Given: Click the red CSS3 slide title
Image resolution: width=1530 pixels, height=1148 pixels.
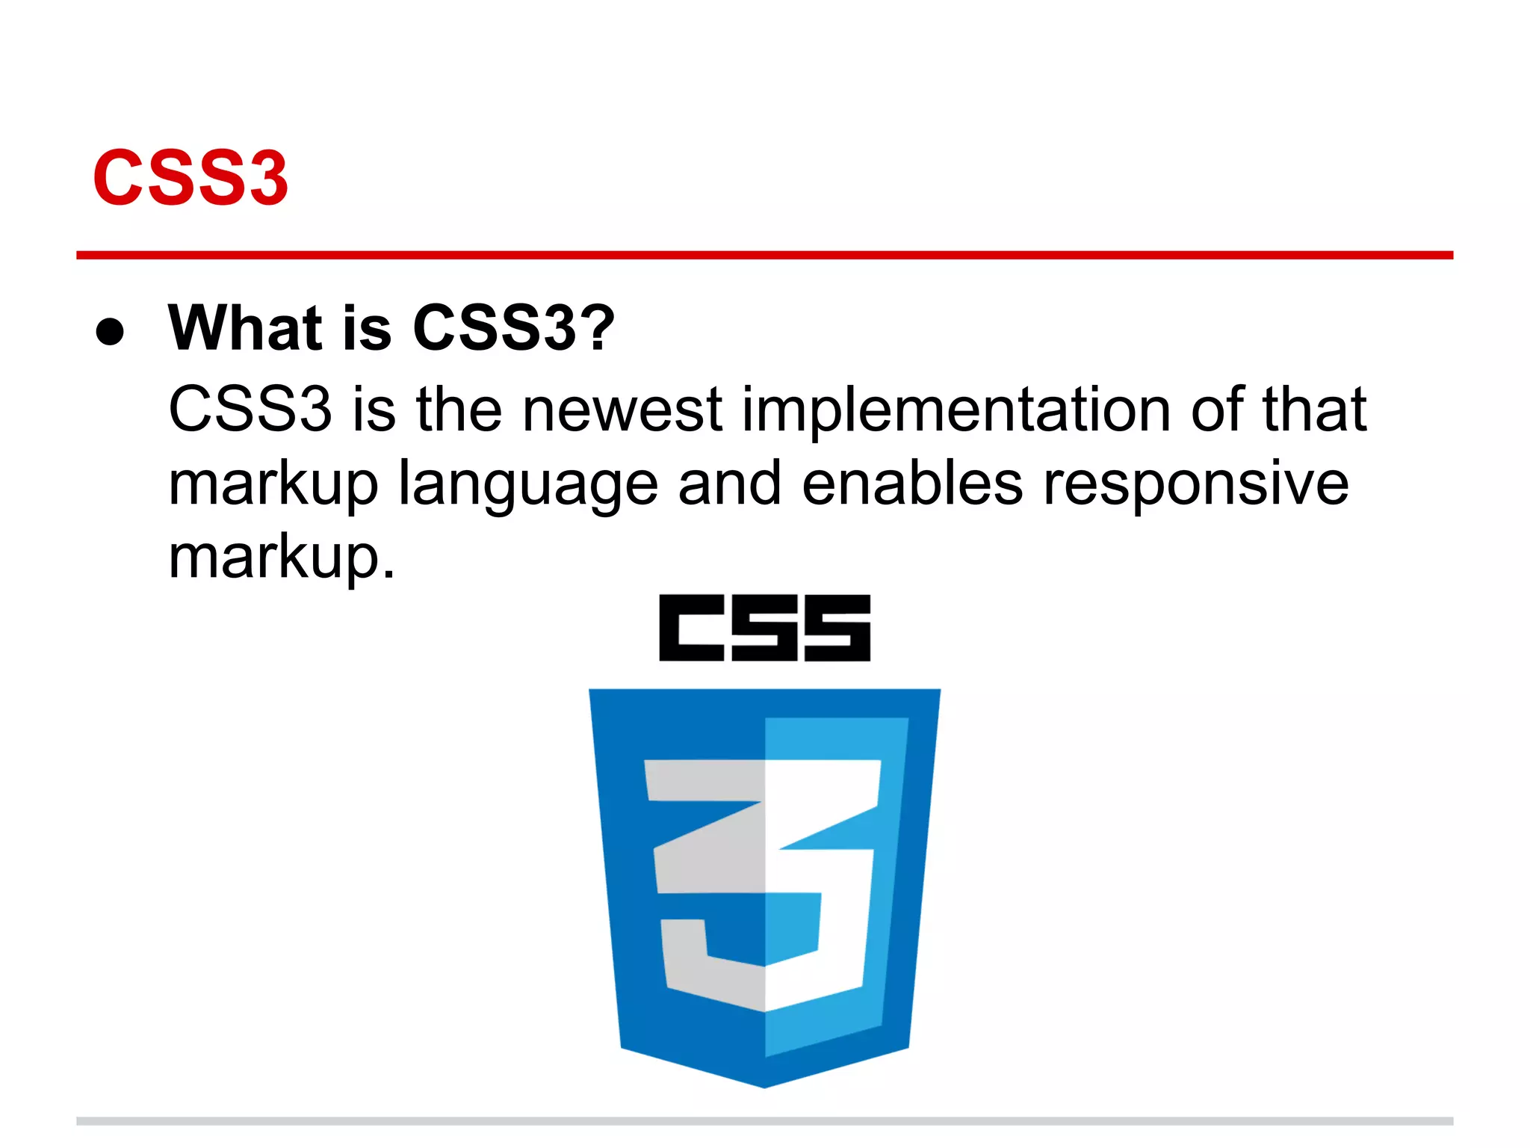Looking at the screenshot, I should [x=191, y=178].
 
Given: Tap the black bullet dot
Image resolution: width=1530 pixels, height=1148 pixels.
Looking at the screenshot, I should [x=110, y=331].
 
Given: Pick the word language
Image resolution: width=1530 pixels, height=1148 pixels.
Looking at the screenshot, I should [x=527, y=484].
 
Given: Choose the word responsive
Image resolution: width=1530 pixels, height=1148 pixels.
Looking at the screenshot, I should [x=1196, y=484].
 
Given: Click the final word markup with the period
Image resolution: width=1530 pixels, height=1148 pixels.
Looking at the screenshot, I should [x=282, y=558].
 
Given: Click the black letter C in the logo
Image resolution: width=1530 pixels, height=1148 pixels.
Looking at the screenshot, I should [x=691, y=628].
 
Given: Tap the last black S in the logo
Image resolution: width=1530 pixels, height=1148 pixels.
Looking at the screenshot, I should [x=837, y=628].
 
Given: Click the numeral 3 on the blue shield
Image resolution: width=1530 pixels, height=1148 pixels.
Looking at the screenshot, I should [x=764, y=882].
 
